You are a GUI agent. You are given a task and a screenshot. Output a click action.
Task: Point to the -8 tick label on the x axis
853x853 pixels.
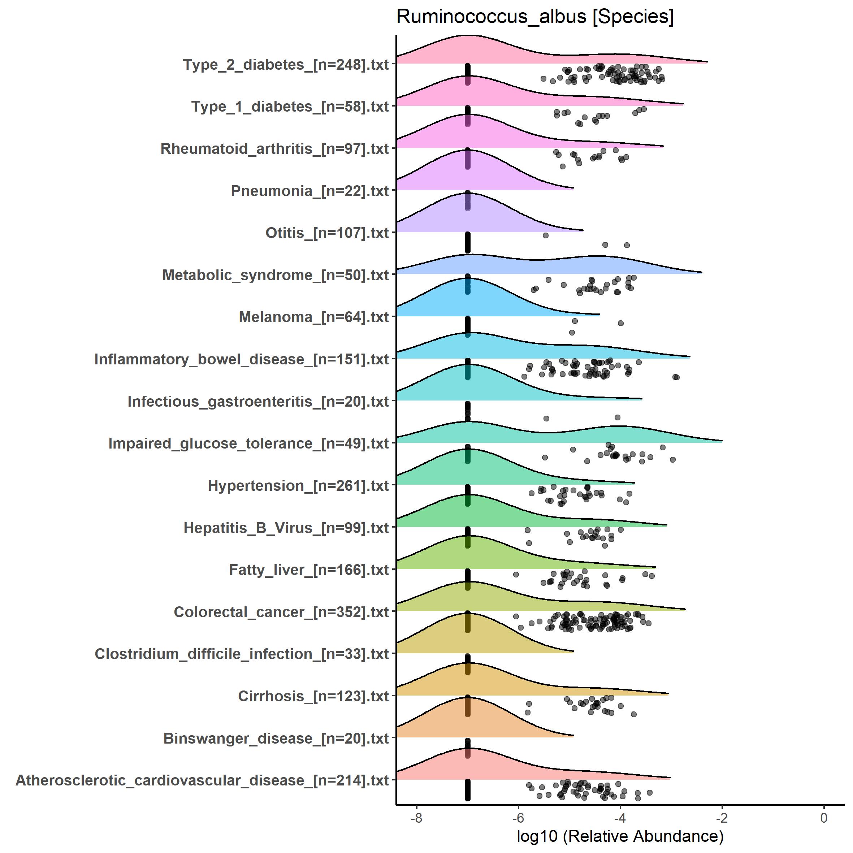(x=416, y=818)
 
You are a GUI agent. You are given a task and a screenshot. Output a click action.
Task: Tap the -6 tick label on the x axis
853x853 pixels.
(x=518, y=818)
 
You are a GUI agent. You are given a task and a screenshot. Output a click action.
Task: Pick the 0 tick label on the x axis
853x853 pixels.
(x=824, y=818)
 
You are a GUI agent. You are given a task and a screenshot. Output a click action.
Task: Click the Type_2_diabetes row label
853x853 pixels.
(x=286, y=65)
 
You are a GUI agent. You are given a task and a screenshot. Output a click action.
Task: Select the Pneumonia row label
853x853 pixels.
(x=309, y=191)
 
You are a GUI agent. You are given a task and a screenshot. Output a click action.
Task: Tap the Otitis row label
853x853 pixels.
(x=327, y=233)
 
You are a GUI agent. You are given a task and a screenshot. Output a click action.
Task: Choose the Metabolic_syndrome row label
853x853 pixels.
(x=276, y=276)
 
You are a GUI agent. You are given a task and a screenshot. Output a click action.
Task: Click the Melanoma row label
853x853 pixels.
(x=313, y=317)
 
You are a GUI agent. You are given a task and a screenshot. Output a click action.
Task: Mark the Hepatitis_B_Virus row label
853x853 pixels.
(x=286, y=528)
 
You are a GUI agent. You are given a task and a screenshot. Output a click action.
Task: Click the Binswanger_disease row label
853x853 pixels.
(x=276, y=739)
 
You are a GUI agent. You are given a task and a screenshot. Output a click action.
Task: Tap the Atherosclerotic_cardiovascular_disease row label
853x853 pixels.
(x=202, y=780)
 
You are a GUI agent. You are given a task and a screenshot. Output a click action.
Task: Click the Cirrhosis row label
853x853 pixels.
(x=313, y=697)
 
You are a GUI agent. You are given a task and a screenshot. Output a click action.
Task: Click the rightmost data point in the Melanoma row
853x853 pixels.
(x=621, y=324)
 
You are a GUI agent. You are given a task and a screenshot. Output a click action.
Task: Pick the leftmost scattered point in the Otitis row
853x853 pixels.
(x=546, y=235)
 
